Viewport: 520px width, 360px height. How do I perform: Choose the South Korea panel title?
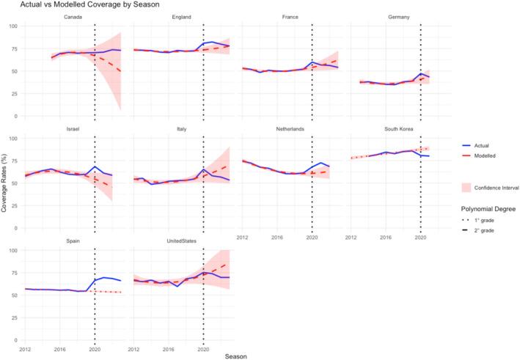pyautogui.click(x=398, y=130)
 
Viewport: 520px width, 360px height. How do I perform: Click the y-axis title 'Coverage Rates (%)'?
pyautogui.click(x=5, y=183)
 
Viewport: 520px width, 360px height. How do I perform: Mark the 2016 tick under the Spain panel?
pyautogui.click(x=59, y=350)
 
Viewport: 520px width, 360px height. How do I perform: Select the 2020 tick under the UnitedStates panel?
pyautogui.click(x=203, y=350)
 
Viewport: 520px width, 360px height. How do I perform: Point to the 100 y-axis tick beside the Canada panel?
pyautogui.click(x=12, y=26)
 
